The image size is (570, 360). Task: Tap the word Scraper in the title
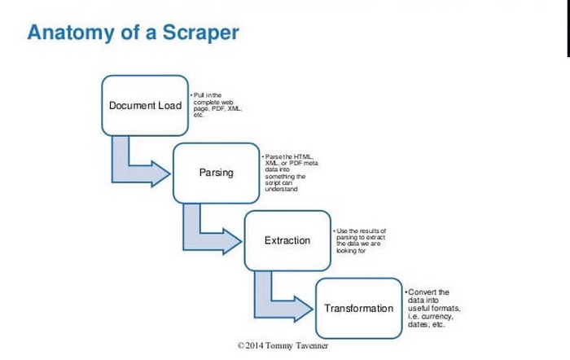199,33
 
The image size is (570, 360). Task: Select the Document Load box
145,105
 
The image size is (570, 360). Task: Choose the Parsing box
216,173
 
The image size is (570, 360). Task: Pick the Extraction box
287,240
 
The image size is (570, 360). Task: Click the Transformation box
358,308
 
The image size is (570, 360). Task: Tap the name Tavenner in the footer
309,345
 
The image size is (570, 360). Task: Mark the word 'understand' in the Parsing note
282,189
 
